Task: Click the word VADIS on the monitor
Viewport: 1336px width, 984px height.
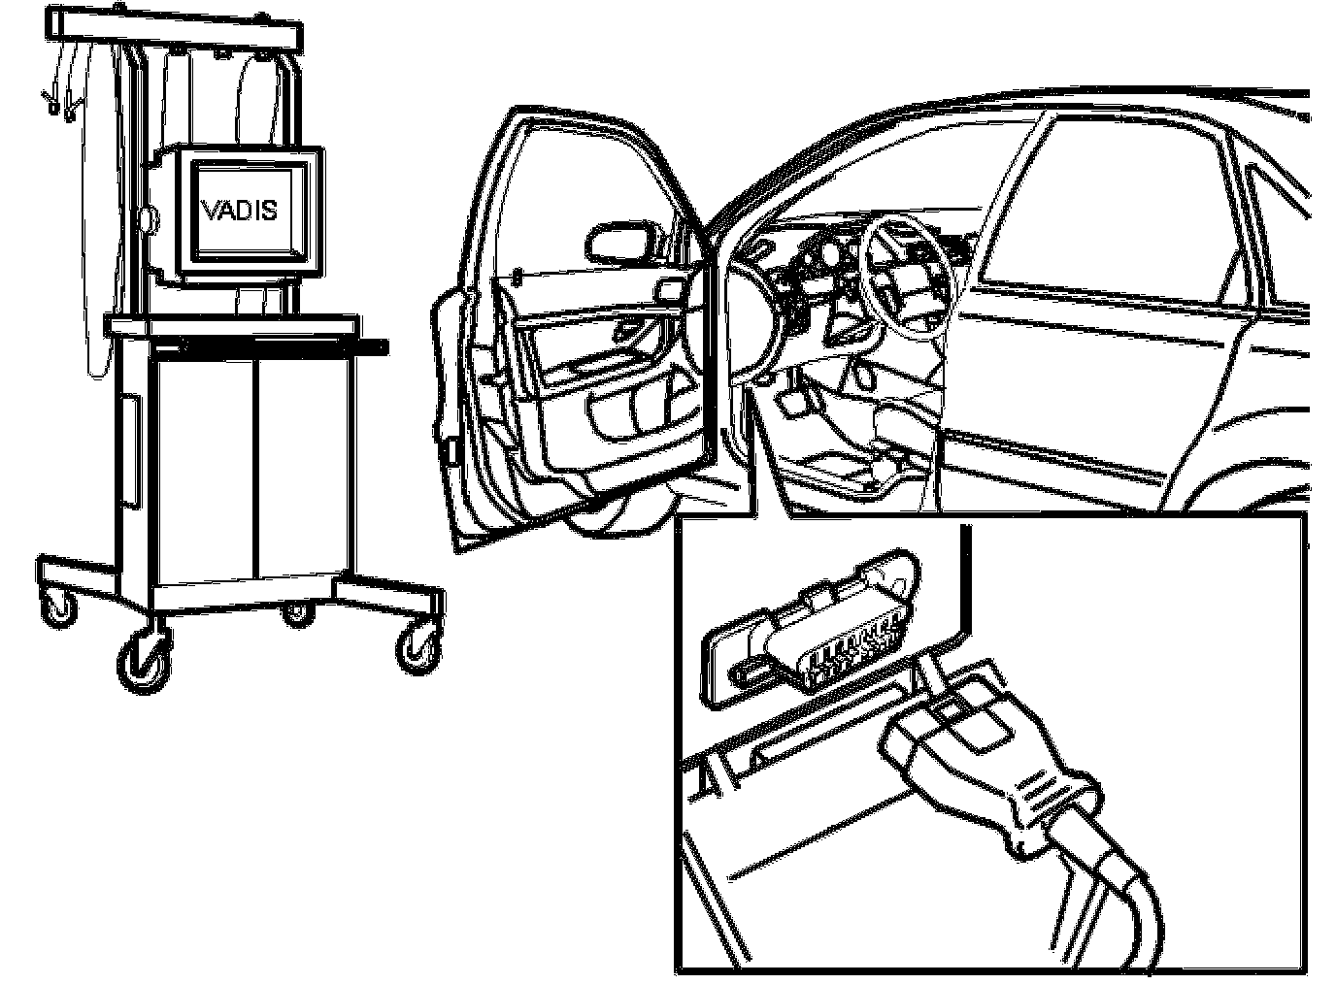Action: [240, 209]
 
